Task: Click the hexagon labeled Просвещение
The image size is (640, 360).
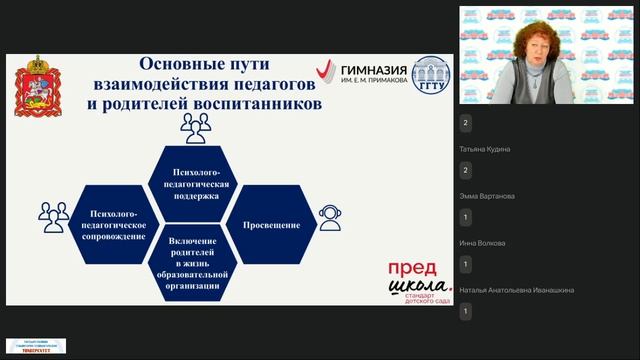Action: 271,225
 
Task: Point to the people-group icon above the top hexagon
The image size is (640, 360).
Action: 195,126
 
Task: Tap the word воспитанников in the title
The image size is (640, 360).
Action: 266,102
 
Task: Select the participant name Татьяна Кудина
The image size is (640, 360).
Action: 485,149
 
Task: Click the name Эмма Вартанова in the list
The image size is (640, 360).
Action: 487,196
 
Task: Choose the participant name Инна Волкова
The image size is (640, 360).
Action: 482,243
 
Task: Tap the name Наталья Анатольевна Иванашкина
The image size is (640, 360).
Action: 516,290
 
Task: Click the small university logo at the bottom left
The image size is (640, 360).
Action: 36,346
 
